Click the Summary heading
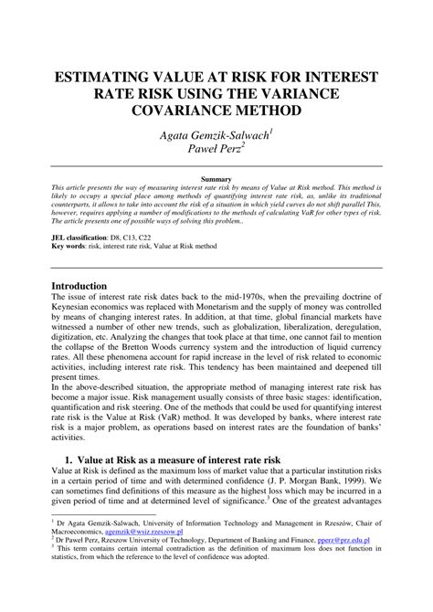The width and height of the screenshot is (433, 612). (x=216, y=174)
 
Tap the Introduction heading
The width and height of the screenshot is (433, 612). (x=85, y=285)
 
